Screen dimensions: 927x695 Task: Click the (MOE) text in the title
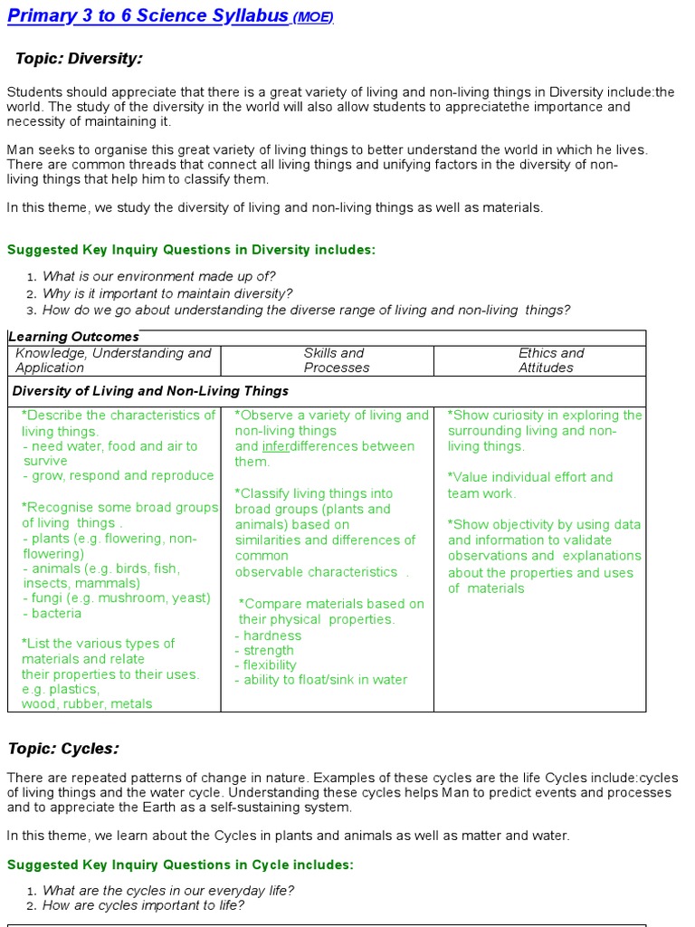pyautogui.click(x=313, y=18)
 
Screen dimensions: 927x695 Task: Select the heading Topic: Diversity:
pyautogui.click(x=80, y=59)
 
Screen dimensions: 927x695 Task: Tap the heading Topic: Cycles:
pyautogui.click(x=64, y=748)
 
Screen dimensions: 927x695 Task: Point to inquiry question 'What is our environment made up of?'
pyautogui.click(x=159, y=276)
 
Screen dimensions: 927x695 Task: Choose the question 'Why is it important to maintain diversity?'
pyautogui.click(x=167, y=293)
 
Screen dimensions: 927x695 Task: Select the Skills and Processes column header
pyautogui.click(x=336, y=360)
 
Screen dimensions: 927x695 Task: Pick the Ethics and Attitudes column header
pyautogui.click(x=550, y=360)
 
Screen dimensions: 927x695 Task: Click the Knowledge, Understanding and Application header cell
pyautogui.click(x=113, y=360)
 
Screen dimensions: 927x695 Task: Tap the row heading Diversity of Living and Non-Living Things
pyautogui.click(x=150, y=391)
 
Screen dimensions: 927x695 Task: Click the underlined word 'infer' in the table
pyautogui.click(x=277, y=446)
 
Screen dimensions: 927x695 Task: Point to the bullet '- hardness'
pyautogui.click(x=268, y=636)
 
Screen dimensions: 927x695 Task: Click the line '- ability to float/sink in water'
pyautogui.click(x=321, y=680)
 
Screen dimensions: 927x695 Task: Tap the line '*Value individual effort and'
pyautogui.click(x=530, y=477)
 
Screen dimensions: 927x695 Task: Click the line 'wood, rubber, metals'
pyautogui.click(x=87, y=703)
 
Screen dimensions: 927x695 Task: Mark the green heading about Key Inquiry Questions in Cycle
pyautogui.click(x=180, y=865)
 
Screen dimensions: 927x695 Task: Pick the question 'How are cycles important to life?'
pyautogui.click(x=143, y=905)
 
